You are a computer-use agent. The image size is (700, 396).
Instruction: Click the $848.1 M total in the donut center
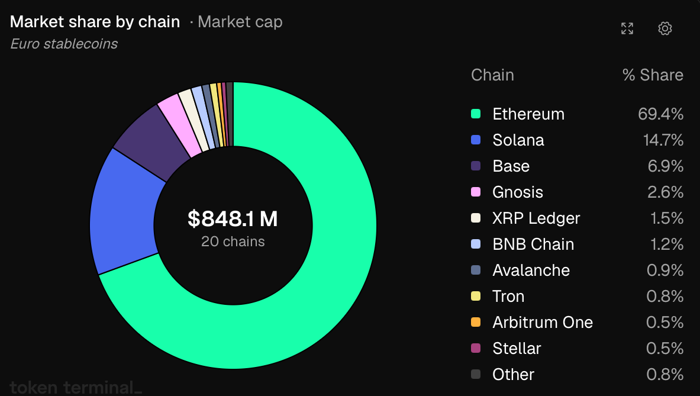click(x=233, y=219)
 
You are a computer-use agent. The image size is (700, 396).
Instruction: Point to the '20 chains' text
click(x=233, y=242)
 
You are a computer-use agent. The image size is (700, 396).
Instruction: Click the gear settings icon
click(x=664, y=28)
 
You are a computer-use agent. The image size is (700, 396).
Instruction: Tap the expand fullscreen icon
click(x=627, y=28)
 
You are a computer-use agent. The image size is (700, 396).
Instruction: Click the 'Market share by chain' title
click(x=95, y=22)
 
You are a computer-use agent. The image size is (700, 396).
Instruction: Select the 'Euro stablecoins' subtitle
click(x=64, y=44)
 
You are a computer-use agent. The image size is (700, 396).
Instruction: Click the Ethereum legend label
click(x=528, y=114)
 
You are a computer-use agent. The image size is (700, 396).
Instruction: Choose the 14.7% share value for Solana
click(x=663, y=140)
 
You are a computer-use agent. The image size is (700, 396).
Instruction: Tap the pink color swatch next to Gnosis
click(x=476, y=192)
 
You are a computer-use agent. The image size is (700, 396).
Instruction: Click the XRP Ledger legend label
click(x=536, y=218)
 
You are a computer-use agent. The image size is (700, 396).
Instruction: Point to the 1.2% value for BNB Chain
click(x=666, y=244)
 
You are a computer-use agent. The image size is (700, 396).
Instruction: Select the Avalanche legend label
click(x=531, y=270)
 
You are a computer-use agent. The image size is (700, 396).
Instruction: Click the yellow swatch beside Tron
click(x=476, y=296)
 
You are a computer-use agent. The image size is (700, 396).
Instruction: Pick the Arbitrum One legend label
click(x=543, y=323)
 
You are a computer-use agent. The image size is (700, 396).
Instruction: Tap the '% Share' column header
click(x=653, y=75)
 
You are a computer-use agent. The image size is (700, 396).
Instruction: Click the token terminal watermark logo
click(x=76, y=387)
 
